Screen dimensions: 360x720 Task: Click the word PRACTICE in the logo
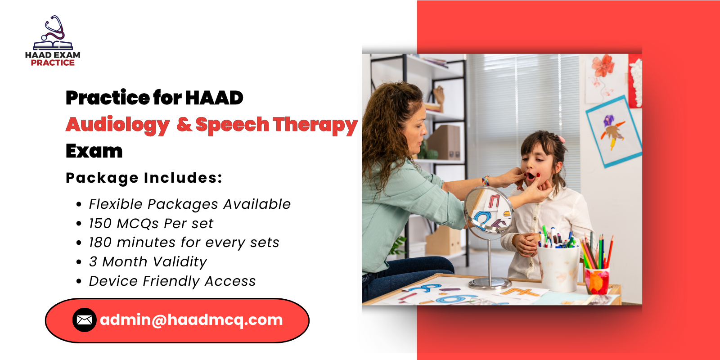[x=53, y=63]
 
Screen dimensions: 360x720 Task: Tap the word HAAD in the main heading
[x=214, y=98]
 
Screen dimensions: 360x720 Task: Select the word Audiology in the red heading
[x=118, y=125]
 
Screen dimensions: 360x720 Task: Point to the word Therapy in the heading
[x=315, y=125]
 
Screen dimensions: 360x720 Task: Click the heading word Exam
[x=94, y=151]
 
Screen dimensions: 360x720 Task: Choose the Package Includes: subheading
[x=144, y=178]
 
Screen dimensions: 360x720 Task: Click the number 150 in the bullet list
[x=100, y=223]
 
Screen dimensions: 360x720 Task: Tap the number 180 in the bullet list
[x=100, y=243]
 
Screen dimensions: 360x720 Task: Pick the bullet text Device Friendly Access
[x=172, y=281]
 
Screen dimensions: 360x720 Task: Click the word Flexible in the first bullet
[x=116, y=204]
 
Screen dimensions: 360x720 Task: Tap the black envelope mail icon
[x=84, y=320]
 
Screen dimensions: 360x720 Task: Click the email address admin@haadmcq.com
[x=191, y=320]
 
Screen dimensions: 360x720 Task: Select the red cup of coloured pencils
[x=597, y=280]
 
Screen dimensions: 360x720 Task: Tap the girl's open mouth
[x=531, y=175]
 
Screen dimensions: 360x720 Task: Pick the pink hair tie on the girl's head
[x=561, y=139]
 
